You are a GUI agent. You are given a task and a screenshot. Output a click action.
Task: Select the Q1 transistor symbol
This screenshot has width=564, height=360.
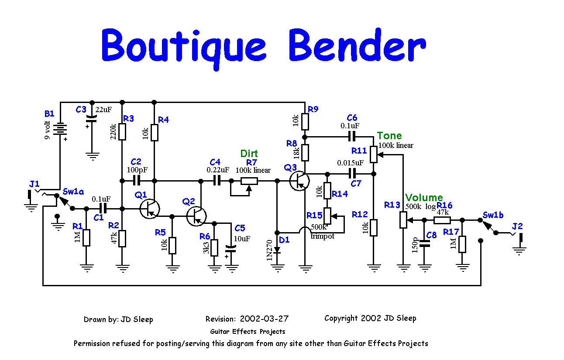(x=149, y=209)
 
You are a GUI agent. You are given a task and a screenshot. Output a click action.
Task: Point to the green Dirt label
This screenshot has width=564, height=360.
(x=249, y=154)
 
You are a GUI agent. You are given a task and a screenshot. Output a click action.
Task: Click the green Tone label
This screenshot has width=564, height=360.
(x=389, y=136)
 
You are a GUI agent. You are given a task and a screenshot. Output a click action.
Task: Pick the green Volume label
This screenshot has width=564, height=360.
(x=424, y=198)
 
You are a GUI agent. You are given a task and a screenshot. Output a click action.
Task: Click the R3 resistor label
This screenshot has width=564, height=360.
(x=129, y=118)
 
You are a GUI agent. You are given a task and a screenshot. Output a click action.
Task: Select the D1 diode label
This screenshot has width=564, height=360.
(x=285, y=240)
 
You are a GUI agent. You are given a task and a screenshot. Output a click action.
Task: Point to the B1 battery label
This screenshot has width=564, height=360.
(x=49, y=114)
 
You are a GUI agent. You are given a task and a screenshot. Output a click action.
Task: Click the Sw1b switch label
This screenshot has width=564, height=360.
(x=493, y=215)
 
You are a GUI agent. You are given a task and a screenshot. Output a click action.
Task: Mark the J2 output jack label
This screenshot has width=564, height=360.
(x=517, y=226)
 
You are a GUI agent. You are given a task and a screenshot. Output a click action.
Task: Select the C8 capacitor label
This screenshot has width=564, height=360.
(x=431, y=236)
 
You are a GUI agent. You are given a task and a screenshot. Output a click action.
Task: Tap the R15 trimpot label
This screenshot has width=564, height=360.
(x=314, y=215)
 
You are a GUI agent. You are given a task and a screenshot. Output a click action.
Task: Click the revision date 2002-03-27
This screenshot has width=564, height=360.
(x=264, y=319)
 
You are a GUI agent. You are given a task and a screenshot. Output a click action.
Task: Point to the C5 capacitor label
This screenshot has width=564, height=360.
(x=240, y=228)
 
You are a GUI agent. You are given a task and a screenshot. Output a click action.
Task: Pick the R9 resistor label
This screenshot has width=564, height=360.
(x=313, y=109)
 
